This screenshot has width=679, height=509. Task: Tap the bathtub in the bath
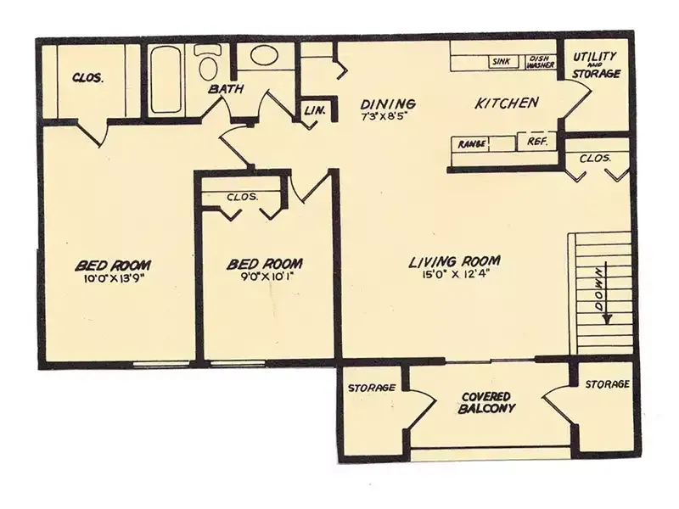click(x=166, y=80)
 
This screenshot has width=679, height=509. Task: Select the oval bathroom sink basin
click(x=265, y=55)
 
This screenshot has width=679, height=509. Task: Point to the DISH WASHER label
click(x=541, y=62)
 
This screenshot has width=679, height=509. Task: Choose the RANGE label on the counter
click(x=471, y=143)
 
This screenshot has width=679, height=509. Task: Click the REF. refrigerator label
click(x=538, y=141)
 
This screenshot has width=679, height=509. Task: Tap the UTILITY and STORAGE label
click(x=597, y=65)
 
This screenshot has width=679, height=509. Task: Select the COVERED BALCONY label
click(x=486, y=403)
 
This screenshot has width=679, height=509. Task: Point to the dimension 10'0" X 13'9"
click(x=114, y=279)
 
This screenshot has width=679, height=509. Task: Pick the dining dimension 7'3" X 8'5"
click(x=384, y=116)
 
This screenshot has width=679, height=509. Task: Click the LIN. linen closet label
click(x=315, y=110)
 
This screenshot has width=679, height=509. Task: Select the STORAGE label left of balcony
click(x=372, y=388)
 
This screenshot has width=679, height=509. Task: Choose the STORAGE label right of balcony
click(x=607, y=384)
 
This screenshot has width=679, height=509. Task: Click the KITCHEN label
click(x=507, y=103)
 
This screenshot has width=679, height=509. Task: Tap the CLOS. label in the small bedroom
click(x=243, y=197)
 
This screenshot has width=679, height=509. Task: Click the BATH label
click(x=226, y=89)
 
